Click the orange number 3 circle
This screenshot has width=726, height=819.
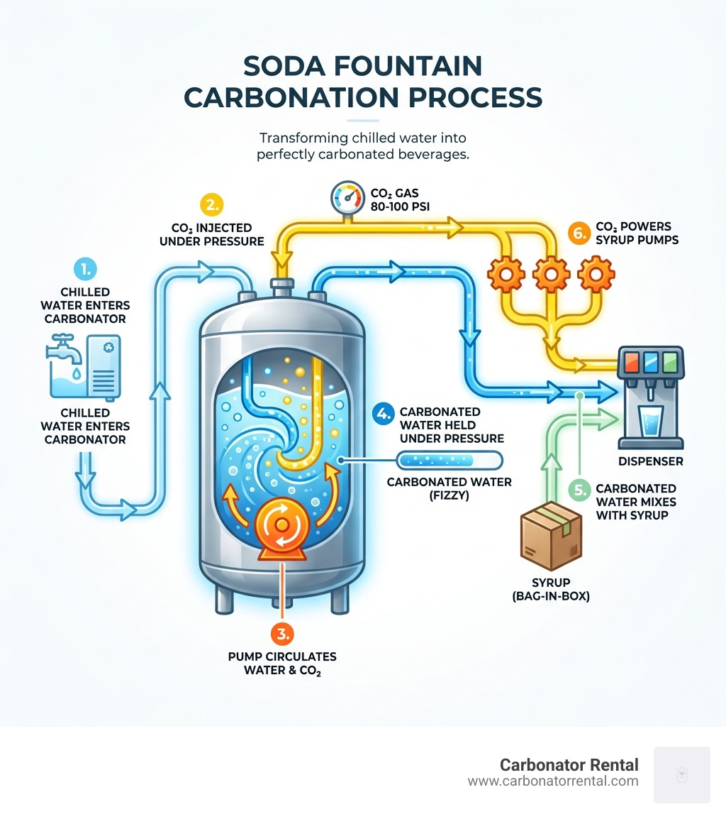283,632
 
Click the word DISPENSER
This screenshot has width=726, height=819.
650,461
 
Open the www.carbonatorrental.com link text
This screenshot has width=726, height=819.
553,781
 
